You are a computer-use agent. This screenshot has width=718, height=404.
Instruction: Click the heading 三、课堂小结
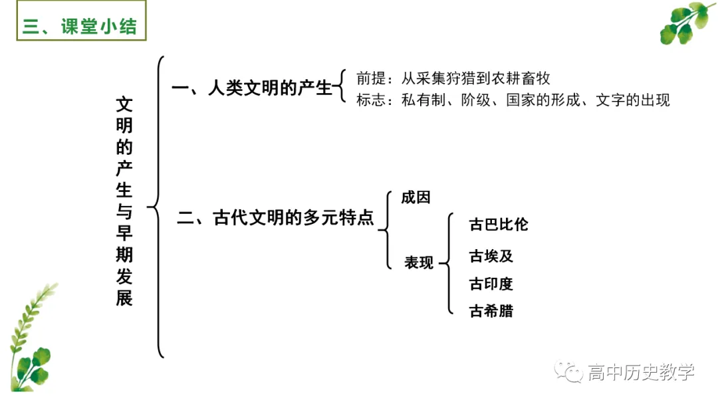pos(80,27)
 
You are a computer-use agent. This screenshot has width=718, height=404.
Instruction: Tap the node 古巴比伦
pos(499,225)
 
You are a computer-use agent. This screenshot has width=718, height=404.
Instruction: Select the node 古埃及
pos(491,256)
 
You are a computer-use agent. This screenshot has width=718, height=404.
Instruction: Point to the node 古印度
pos(491,284)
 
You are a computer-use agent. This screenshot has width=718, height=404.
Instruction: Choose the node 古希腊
pos(491,310)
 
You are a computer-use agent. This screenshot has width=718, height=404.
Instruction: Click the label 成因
pos(416,197)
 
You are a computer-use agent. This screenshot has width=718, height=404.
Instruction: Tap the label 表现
pos(419,262)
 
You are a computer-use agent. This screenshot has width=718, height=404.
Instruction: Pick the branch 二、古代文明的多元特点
pos(275,218)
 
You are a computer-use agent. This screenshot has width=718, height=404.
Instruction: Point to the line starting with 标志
pos(513,100)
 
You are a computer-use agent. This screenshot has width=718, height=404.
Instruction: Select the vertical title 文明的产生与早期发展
pos(124,201)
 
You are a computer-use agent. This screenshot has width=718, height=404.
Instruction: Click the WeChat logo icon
pos(569,372)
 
